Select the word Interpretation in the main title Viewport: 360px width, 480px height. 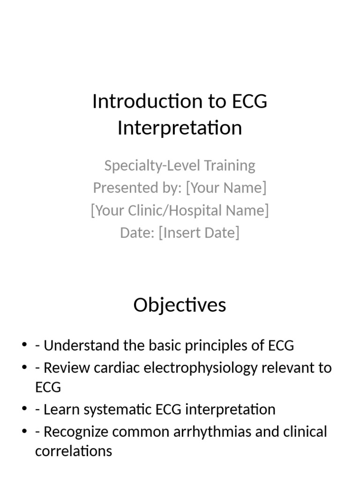180,127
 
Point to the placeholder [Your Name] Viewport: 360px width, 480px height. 226,188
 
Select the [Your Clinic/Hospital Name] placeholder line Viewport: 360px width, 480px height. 180,210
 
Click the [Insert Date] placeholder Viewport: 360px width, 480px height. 199,232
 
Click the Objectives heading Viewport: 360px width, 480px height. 180,305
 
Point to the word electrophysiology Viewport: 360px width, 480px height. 200,367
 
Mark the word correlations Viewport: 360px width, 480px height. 74,451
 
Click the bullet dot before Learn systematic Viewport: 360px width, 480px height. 24,409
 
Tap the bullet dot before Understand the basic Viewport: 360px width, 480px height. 24,345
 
